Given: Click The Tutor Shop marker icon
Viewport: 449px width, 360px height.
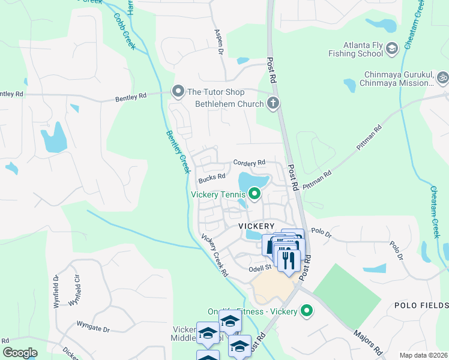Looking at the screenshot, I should click(x=178, y=92).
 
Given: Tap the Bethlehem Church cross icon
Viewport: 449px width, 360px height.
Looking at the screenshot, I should click(x=273, y=103).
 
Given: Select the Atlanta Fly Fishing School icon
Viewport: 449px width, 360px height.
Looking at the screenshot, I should click(x=392, y=48).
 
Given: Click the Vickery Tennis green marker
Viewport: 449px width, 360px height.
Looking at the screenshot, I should click(x=255, y=194).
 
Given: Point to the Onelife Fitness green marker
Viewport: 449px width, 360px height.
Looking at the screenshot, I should click(x=307, y=311).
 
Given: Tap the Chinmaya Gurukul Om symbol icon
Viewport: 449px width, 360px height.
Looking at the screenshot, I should click(x=444, y=77).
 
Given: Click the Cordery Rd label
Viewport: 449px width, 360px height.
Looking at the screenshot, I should click(x=249, y=163).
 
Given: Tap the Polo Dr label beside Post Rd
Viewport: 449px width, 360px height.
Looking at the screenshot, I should click(x=321, y=232).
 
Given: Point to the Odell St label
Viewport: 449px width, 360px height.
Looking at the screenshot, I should click(x=260, y=270).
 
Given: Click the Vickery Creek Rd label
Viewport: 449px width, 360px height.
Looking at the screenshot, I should click(x=214, y=255).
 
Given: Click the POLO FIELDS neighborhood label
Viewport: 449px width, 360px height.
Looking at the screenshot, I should click(x=421, y=305).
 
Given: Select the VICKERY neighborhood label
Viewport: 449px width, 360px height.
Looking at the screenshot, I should click(x=256, y=226).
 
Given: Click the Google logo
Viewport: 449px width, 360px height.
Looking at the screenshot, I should click(x=20, y=353).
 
